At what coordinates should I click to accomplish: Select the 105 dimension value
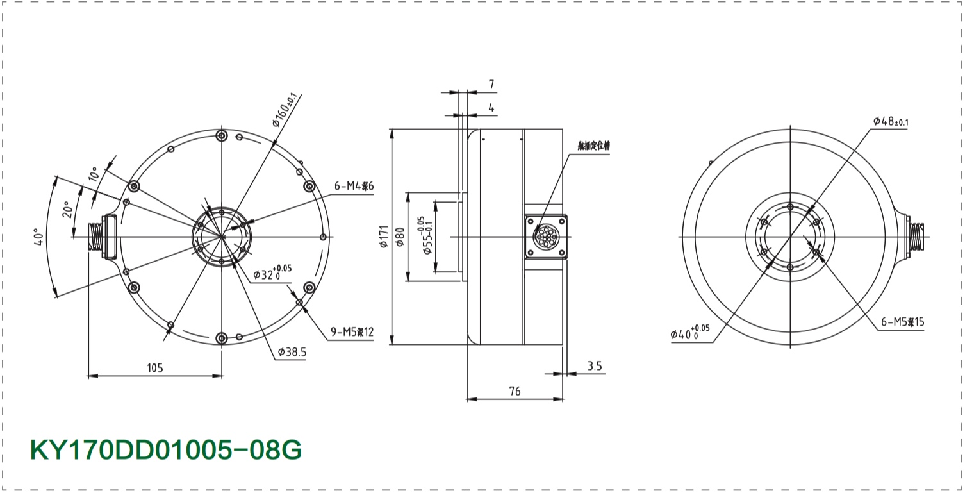coord(155,368)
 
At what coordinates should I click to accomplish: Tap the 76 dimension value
coord(515,390)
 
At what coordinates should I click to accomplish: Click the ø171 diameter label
coord(384,236)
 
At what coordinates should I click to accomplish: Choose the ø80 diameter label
coord(400,237)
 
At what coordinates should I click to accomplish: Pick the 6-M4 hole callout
coord(353,187)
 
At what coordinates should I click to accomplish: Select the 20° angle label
coord(66,210)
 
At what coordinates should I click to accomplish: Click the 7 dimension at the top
coord(491,85)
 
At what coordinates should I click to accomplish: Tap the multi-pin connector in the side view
coord(547,237)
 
